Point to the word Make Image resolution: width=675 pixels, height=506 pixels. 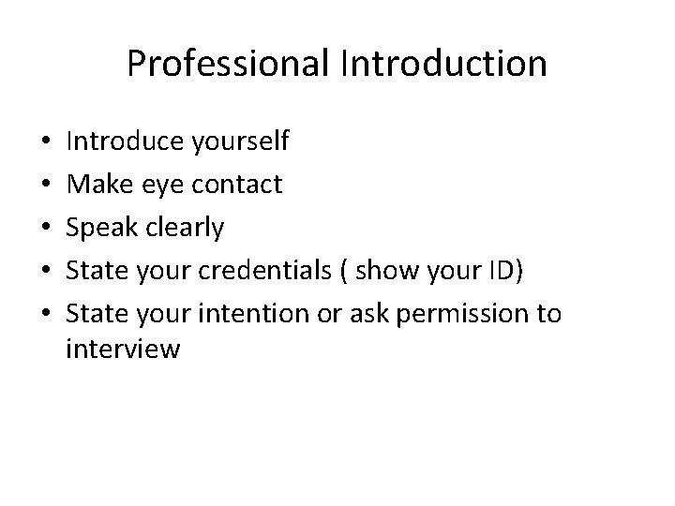[x=98, y=185]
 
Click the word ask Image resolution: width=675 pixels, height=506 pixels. [x=372, y=313]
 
